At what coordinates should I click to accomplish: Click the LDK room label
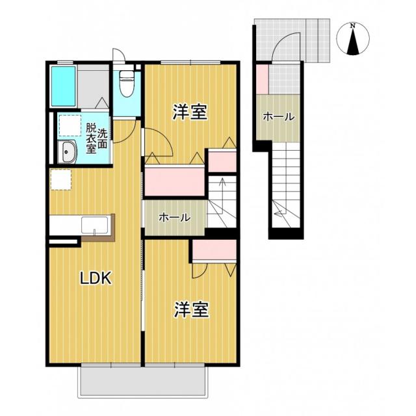point(96,278)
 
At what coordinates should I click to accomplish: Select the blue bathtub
point(64,86)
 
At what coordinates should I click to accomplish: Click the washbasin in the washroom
point(68,152)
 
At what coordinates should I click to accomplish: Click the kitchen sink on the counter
point(95,225)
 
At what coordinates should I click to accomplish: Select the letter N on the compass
point(352,26)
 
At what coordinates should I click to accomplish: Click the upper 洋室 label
point(190,112)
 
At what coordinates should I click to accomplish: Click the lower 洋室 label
point(192,309)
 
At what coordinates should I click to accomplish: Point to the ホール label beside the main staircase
point(175,218)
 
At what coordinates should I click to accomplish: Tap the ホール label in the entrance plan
point(279,117)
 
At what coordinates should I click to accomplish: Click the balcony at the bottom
point(143,382)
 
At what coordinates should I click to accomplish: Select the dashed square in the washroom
point(70,125)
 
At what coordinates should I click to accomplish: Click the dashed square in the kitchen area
point(60,179)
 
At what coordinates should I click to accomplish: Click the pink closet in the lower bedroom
point(214,250)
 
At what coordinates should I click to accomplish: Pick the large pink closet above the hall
point(175,181)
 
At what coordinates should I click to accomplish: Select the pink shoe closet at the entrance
point(263,79)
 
